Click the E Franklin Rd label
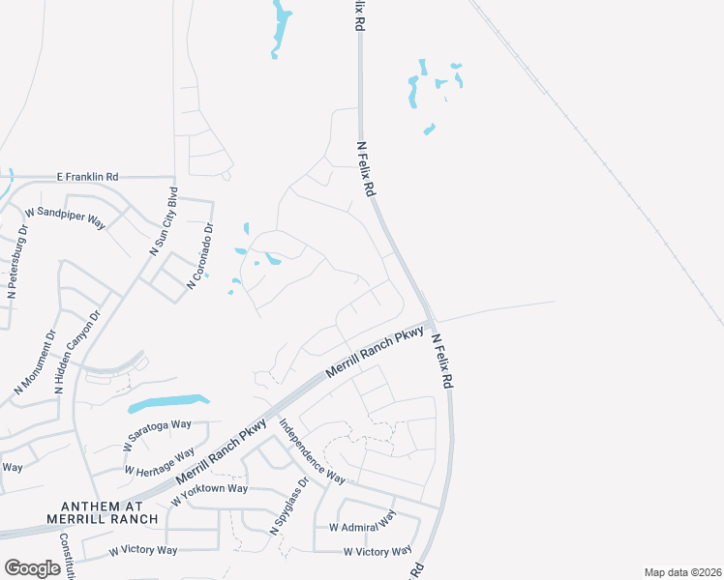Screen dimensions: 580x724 (x=87, y=177)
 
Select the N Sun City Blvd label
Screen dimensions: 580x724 (x=164, y=220)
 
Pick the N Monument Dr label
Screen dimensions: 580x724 (x=35, y=362)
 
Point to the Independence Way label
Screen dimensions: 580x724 (x=312, y=450)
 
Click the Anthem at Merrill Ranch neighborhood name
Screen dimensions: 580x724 (x=102, y=512)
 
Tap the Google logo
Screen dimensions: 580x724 (x=32, y=568)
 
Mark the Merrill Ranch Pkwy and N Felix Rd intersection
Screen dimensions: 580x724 (x=432, y=324)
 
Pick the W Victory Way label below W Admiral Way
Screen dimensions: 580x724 (x=377, y=551)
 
